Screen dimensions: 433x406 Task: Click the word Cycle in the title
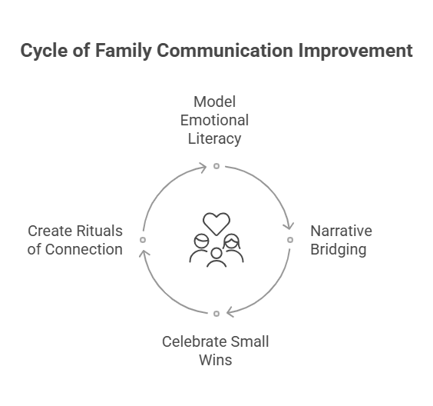pyautogui.click(x=44, y=52)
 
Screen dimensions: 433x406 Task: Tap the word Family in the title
pyautogui.click(x=124, y=52)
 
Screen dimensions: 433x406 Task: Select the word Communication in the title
pyautogui.click(x=225, y=50)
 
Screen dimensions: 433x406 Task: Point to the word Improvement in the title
pyautogui.click(x=355, y=50)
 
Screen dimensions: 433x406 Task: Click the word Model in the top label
pyautogui.click(x=214, y=101)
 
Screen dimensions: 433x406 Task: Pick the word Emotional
pyautogui.click(x=214, y=120)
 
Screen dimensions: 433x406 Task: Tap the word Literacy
pyautogui.click(x=214, y=139)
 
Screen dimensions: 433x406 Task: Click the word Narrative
pyautogui.click(x=341, y=231)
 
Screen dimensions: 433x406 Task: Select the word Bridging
pyautogui.click(x=339, y=249)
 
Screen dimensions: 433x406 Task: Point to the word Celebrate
pyautogui.click(x=194, y=342)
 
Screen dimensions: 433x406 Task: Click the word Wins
pyautogui.click(x=216, y=361)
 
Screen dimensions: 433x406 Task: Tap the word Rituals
pyautogui.click(x=99, y=231)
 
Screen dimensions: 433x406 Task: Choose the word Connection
pyautogui.click(x=84, y=249)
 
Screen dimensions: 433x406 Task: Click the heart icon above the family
pyautogui.click(x=216, y=224)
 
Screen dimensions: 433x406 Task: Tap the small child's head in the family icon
pyautogui.click(x=216, y=253)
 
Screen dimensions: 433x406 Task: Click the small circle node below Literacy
pyautogui.click(x=216, y=166)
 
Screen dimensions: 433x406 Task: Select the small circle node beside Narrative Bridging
pyautogui.click(x=290, y=240)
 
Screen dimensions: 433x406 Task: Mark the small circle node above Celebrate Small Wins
pyautogui.click(x=216, y=314)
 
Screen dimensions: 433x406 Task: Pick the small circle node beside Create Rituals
pyautogui.click(x=143, y=240)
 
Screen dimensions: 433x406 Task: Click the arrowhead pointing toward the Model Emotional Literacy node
pyautogui.click(x=203, y=168)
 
